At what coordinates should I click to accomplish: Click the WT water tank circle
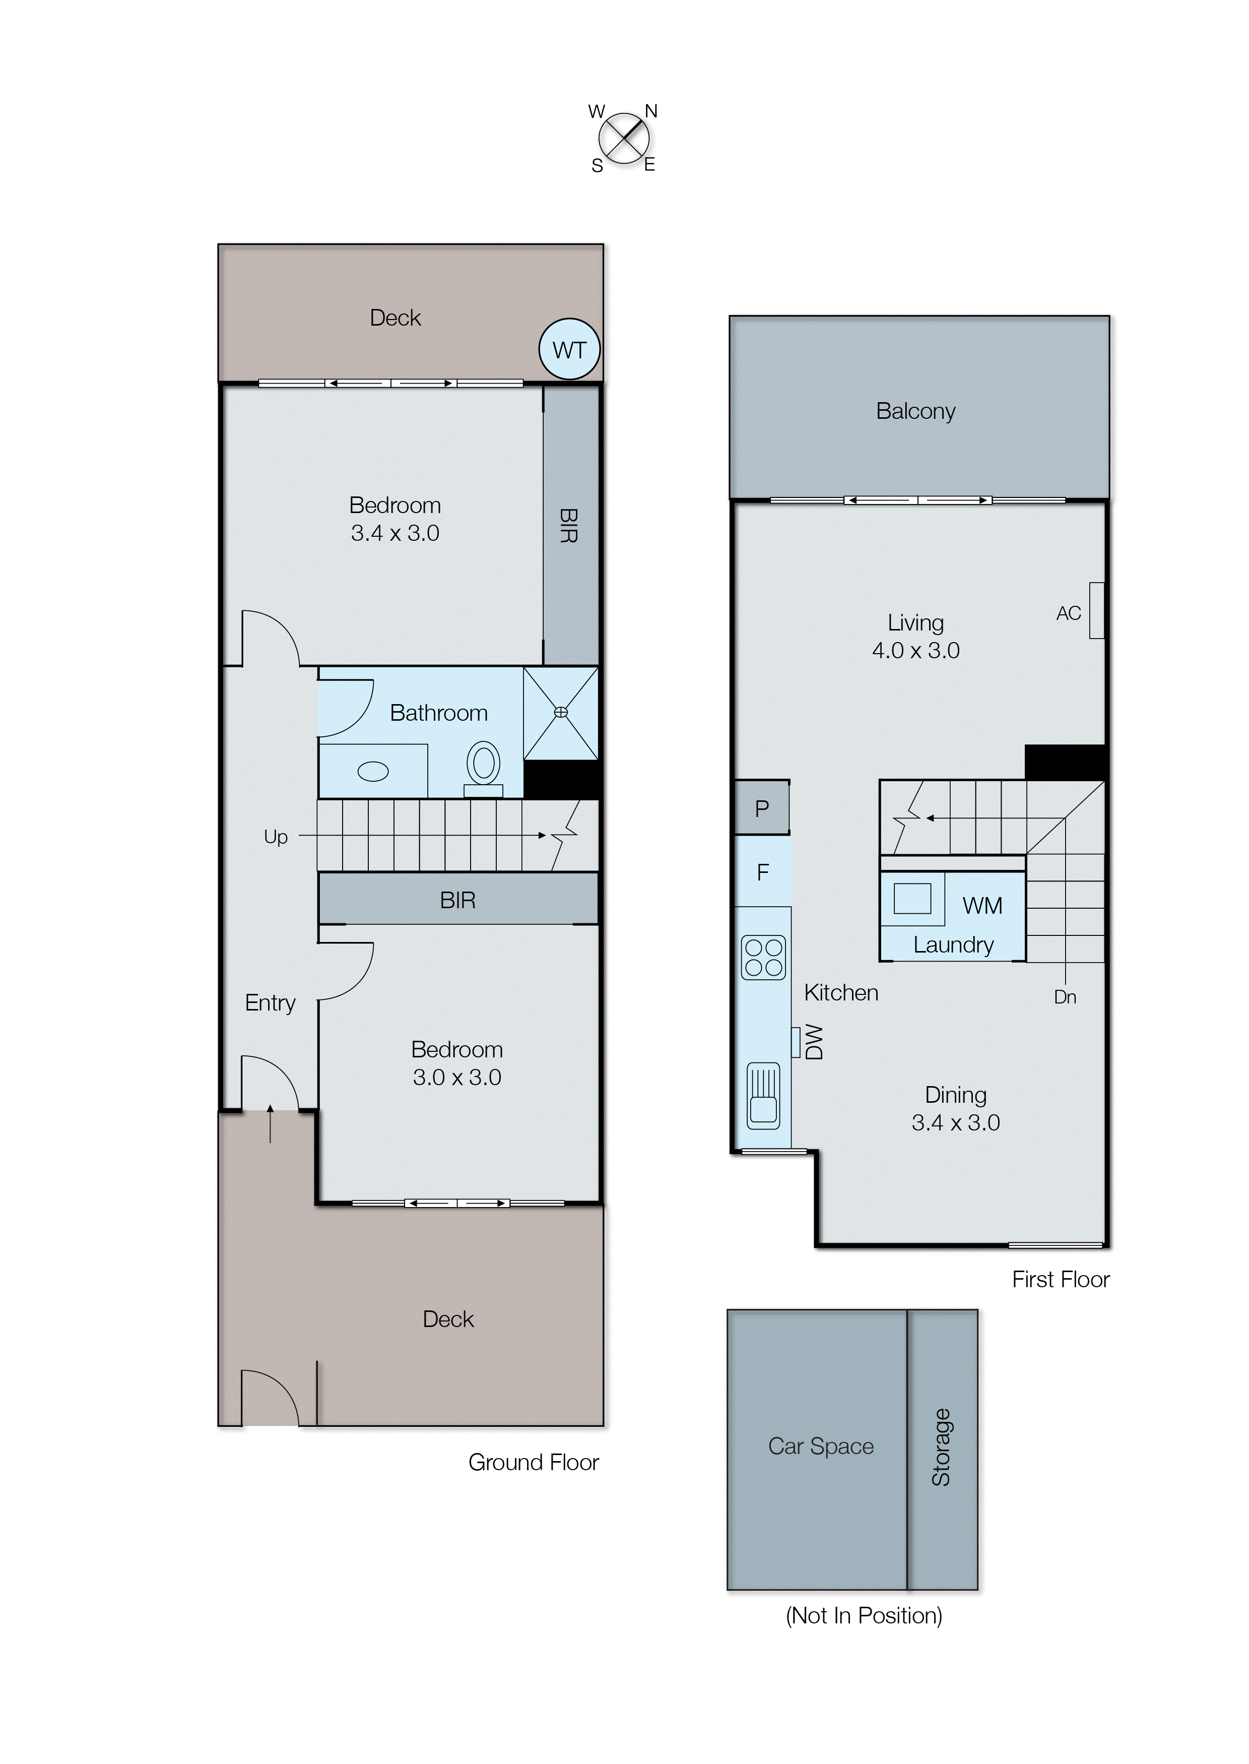click(x=569, y=349)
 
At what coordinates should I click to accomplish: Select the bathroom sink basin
click(x=373, y=771)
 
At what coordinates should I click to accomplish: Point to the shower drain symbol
click(x=561, y=712)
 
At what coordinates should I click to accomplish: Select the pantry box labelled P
click(x=761, y=808)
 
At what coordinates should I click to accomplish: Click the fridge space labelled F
click(x=762, y=871)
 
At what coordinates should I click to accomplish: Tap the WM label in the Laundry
click(x=982, y=906)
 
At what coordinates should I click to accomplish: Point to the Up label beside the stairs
click(x=275, y=836)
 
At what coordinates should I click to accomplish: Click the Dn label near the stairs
click(x=1065, y=997)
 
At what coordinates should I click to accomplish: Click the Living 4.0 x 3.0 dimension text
click(x=915, y=650)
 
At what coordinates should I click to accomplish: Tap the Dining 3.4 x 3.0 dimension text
click(x=955, y=1122)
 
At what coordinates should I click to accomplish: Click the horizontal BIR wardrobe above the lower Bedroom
click(x=457, y=899)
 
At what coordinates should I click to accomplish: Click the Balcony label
click(x=915, y=411)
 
